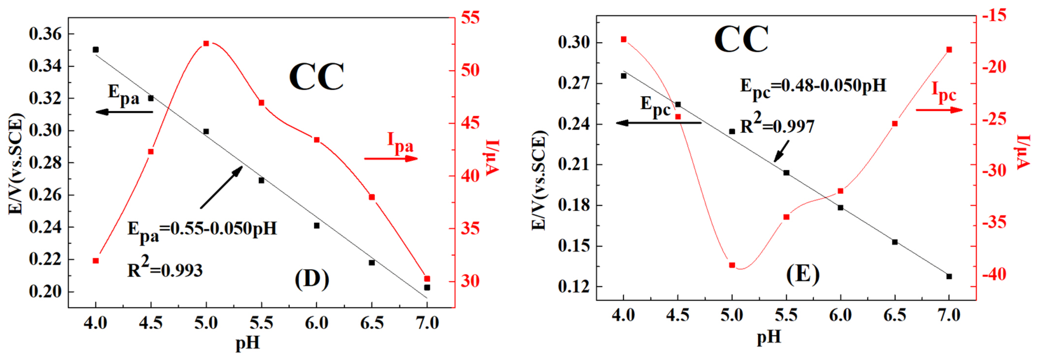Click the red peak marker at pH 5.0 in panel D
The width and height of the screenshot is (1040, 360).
pos(206,44)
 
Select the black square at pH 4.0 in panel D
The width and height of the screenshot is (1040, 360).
pos(96,50)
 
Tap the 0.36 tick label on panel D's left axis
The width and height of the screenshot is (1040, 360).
pos(45,34)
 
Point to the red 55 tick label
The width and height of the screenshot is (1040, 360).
pos(470,18)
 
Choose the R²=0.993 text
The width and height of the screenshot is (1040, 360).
pos(165,269)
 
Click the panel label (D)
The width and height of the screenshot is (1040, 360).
pos(312,278)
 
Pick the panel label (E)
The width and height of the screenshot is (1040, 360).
pos(802,274)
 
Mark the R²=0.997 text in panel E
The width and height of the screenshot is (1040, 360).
pos(777,125)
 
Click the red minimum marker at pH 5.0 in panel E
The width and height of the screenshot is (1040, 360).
pos(732,265)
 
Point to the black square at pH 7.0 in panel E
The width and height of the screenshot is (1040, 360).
pos(949,277)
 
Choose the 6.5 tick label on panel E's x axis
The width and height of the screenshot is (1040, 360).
pos(895,315)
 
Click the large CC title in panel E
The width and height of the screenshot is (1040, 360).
pos(741,40)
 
